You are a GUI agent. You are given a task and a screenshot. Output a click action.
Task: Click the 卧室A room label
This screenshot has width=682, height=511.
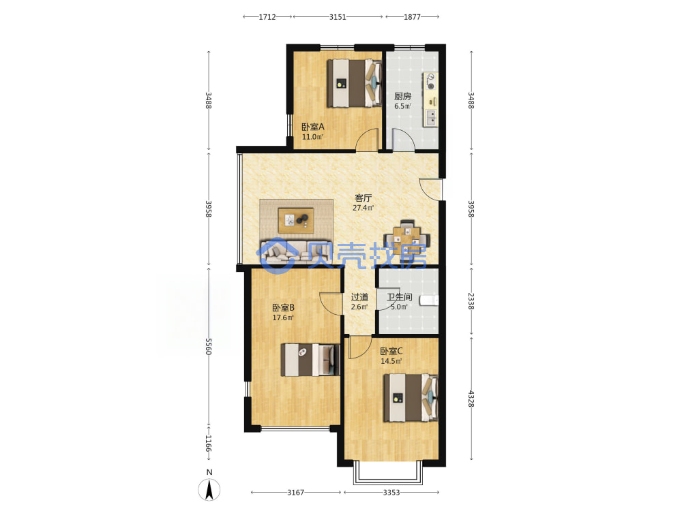point(313,127)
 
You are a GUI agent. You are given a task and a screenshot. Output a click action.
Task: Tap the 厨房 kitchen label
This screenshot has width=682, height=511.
point(403,96)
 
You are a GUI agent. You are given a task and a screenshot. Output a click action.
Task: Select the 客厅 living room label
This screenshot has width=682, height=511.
point(364,198)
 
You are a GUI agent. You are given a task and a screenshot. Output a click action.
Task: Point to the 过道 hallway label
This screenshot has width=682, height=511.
point(359,297)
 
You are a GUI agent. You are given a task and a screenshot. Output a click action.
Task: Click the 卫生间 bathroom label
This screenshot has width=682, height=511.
point(399,297)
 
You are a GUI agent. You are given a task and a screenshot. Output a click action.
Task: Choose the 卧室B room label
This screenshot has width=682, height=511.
point(284,308)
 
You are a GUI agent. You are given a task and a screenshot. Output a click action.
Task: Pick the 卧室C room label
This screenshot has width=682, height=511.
point(391,351)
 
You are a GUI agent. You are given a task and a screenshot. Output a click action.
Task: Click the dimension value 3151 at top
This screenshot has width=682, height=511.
point(338,17)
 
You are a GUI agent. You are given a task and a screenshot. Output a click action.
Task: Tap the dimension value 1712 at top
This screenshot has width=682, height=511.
point(267,17)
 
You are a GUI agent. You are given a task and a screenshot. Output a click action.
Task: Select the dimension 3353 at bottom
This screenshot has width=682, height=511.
point(391,493)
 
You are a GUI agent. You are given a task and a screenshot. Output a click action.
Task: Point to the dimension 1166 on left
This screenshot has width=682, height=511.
point(208,444)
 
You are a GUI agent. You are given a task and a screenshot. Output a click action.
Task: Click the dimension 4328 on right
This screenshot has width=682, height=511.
point(471,399)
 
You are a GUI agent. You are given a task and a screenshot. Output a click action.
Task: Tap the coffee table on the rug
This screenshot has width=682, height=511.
point(296,220)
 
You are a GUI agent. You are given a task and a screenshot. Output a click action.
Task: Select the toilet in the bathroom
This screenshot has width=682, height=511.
point(429,300)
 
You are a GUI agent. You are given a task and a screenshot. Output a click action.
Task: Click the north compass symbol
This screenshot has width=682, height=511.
point(209,486)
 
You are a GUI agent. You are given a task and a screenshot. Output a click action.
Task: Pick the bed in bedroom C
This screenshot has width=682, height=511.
point(410,398)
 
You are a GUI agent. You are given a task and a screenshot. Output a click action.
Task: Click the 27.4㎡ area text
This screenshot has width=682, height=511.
point(364,208)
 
